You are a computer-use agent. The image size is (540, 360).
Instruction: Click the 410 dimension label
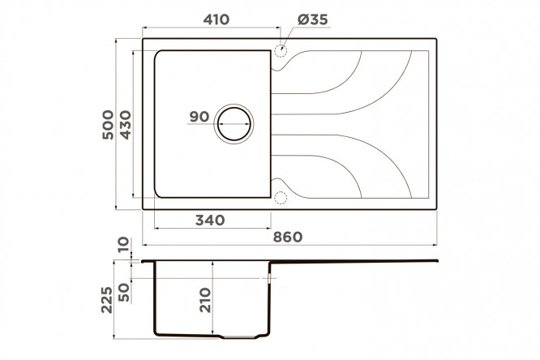[x=216, y=19]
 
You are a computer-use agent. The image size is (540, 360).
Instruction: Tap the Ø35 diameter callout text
[x=313, y=19]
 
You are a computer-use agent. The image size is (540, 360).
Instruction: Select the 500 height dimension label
[x=108, y=125]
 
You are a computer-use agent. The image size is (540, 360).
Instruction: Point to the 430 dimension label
[x=126, y=125]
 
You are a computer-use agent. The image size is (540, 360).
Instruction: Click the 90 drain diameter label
[x=199, y=117]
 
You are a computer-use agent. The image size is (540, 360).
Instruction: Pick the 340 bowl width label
[x=210, y=220]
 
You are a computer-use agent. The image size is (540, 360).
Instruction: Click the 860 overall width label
[x=288, y=237]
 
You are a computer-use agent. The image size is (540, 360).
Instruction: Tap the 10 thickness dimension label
[x=123, y=245]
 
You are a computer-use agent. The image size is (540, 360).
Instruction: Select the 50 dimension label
[x=123, y=293]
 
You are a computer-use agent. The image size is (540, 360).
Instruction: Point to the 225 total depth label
[x=107, y=300]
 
